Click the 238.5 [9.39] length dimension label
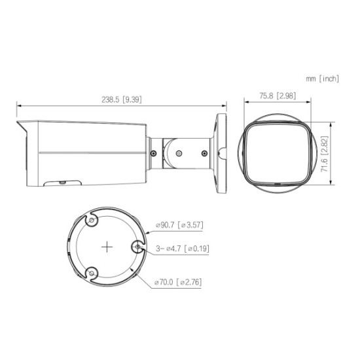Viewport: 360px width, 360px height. (122, 99)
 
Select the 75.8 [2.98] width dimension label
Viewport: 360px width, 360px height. (278, 96)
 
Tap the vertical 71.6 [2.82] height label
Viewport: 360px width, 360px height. (325, 154)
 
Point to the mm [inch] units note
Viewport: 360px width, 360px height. (322, 79)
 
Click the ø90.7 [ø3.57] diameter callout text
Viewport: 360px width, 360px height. (179, 225)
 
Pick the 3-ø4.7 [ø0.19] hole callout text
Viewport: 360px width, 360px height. (183, 249)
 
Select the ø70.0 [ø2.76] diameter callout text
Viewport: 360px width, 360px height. (178, 281)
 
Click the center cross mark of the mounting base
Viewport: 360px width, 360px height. (107, 247)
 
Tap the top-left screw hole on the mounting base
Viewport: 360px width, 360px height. (92, 221)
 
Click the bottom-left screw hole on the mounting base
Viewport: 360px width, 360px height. (92, 273)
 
